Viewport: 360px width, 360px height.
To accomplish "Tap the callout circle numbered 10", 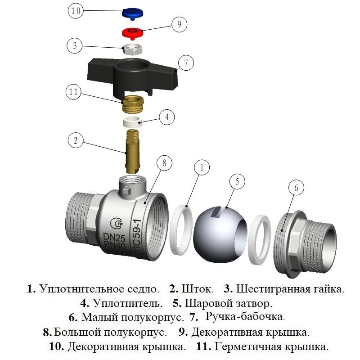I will (76, 11).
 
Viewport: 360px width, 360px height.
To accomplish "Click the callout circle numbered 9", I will (179, 24).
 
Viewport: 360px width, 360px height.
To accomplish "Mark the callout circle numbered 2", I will (76, 140).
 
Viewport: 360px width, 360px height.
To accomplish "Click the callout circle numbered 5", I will (237, 182).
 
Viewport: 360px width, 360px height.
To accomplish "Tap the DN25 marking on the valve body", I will (113, 237).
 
